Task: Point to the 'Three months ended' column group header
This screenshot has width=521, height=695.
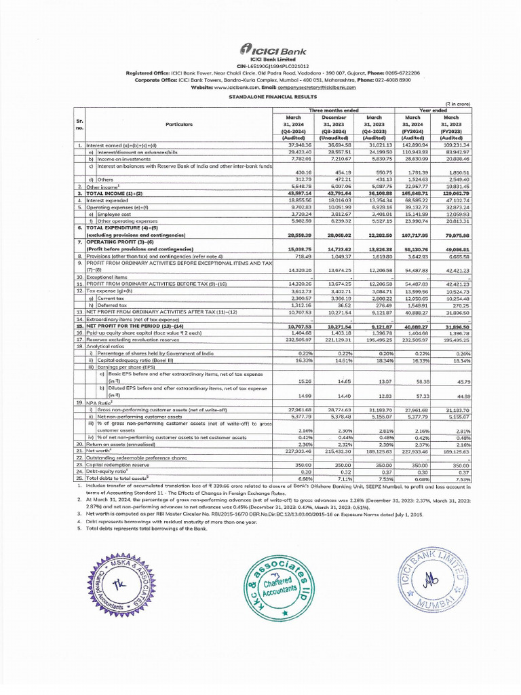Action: click(333, 110)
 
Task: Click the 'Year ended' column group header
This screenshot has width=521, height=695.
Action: click(433, 110)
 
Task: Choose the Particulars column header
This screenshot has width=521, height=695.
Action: click(178, 124)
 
